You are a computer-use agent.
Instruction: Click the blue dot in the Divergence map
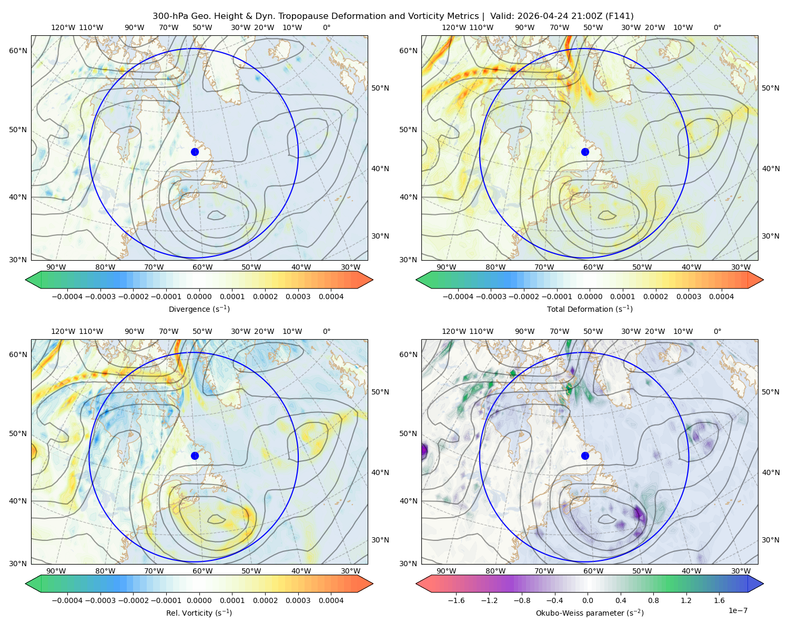[x=195, y=152]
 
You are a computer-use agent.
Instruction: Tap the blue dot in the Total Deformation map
[x=585, y=152]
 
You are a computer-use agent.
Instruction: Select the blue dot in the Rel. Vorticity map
[x=195, y=456]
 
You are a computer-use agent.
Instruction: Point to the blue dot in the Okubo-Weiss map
[x=585, y=456]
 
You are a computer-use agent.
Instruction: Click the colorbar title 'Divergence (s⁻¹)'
[x=199, y=309]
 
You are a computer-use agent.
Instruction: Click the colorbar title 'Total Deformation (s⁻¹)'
[x=590, y=309]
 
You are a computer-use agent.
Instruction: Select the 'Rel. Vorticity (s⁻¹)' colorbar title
[x=199, y=613]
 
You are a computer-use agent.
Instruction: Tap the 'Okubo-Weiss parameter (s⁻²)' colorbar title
[x=590, y=613]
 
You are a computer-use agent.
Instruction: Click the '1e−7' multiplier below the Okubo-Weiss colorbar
[x=737, y=610]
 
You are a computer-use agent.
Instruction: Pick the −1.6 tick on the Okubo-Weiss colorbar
[x=456, y=600]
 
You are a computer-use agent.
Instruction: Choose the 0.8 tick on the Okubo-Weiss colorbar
[x=653, y=600]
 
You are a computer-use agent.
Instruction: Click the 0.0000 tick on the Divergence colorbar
[x=199, y=297]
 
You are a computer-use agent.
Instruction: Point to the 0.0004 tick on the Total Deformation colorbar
[x=721, y=297]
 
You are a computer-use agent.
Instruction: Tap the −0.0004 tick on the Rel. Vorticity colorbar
[x=67, y=600]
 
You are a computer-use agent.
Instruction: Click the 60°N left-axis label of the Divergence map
[x=18, y=51]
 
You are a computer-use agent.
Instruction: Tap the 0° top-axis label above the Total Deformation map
[x=717, y=27]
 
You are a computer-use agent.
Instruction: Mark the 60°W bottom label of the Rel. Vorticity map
[x=203, y=571]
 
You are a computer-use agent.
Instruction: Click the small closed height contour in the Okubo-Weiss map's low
[x=606, y=519]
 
